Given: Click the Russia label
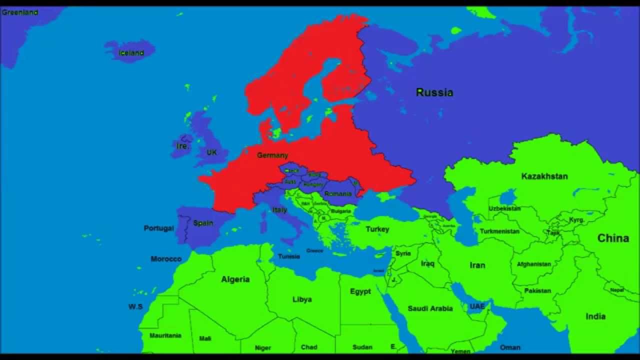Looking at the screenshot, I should (x=434, y=92).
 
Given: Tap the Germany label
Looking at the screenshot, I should (x=272, y=155).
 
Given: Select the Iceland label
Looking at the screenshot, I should (x=131, y=53).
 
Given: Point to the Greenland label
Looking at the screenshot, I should (x=20, y=12).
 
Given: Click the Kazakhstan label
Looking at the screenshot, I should (x=544, y=176).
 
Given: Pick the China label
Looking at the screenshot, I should (x=613, y=238).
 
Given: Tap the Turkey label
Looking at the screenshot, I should (x=377, y=229).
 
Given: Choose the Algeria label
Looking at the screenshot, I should (x=235, y=279).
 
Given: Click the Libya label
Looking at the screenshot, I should (x=302, y=299).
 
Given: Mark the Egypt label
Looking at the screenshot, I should (x=360, y=291).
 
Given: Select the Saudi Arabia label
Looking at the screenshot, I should (x=430, y=308).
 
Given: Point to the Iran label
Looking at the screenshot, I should (x=477, y=265).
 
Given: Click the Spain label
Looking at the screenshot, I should (x=203, y=223).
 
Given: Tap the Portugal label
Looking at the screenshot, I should (x=159, y=228).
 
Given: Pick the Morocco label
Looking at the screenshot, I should (x=166, y=259).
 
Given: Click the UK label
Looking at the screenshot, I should (x=212, y=152).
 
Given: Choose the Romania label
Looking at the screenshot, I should (x=338, y=193).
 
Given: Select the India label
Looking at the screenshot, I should (x=595, y=316).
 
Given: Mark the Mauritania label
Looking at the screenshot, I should (x=165, y=335).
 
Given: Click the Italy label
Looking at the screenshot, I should (x=280, y=210).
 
